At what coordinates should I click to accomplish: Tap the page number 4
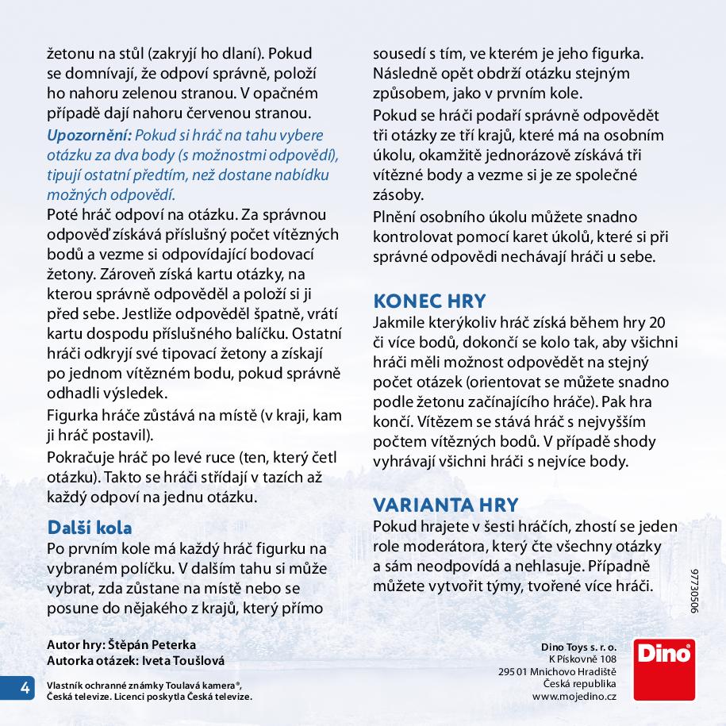pos(25,688)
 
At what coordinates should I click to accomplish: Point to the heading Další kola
pos(90,527)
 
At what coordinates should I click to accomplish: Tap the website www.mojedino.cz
pos(574,696)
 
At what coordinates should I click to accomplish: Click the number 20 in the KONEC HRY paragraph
pos(656,322)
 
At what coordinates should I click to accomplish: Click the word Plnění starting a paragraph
pos(398,217)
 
